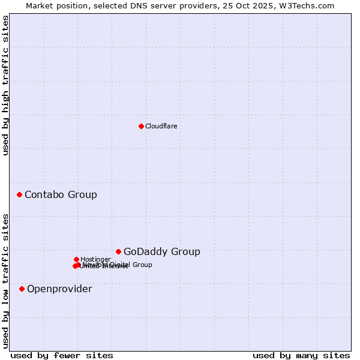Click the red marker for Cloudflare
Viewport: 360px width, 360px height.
click(x=141, y=126)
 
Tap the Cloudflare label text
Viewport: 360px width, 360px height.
click(x=161, y=126)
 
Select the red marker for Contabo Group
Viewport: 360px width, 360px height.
click(x=20, y=194)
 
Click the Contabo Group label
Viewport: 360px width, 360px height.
click(x=61, y=194)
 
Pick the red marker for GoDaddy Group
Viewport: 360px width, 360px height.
click(x=119, y=251)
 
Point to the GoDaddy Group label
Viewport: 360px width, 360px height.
click(x=161, y=251)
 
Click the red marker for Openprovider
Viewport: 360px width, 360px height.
click(x=22, y=289)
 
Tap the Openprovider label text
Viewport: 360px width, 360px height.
click(x=59, y=289)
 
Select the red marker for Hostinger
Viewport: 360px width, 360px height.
click(x=76, y=259)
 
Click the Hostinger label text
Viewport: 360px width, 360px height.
click(x=95, y=259)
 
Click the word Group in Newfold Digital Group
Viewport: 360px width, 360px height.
click(x=142, y=265)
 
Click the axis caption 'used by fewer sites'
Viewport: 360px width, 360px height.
click(x=62, y=355)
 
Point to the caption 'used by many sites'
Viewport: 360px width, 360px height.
click(x=301, y=355)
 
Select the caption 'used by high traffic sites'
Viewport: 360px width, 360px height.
click(x=5, y=85)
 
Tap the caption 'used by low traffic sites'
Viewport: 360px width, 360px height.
click(x=5, y=280)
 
